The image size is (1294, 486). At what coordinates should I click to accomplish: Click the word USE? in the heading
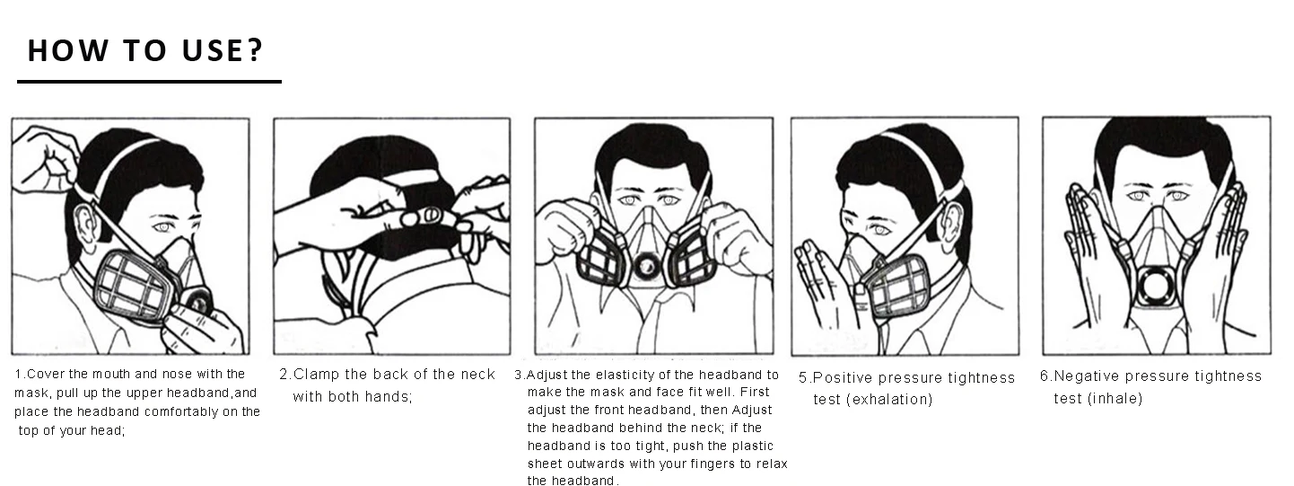[x=223, y=50]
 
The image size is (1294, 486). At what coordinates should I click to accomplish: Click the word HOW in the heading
[x=68, y=50]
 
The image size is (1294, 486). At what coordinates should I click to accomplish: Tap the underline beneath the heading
[x=149, y=82]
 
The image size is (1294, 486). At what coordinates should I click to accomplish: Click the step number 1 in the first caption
[x=18, y=375]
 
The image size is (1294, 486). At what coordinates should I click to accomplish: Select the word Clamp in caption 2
[x=316, y=375]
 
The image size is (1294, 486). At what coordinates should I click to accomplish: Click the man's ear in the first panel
[x=82, y=226]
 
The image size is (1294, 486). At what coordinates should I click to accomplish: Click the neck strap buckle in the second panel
[x=431, y=216]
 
